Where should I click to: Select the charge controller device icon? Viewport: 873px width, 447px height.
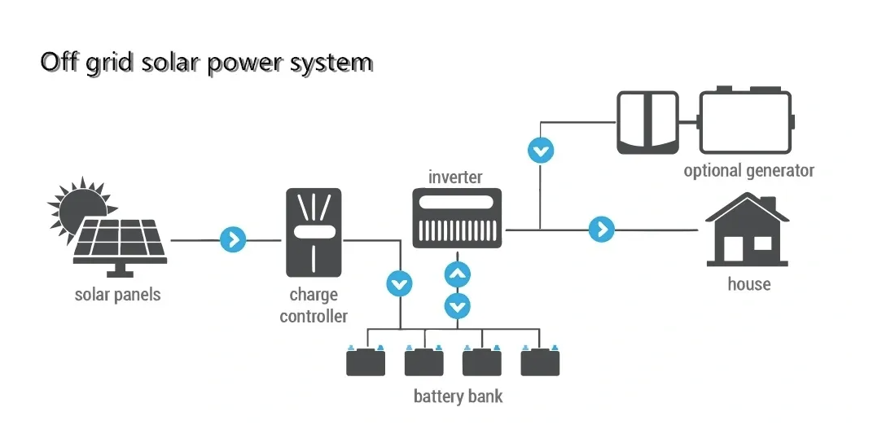[314, 232]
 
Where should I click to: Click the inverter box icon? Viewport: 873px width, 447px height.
[458, 217]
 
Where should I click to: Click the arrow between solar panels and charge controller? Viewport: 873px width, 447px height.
[233, 239]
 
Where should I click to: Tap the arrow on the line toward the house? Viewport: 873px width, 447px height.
[601, 230]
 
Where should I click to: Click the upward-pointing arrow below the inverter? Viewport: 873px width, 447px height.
[458, 274]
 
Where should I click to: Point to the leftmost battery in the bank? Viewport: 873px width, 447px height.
[366, 361]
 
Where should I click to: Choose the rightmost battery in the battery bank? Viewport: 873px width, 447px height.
[540, 361]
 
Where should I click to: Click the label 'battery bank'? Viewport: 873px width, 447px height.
[458, 397]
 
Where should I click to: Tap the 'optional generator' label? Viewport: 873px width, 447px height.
[748, 171]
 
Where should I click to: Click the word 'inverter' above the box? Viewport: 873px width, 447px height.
[455, 177]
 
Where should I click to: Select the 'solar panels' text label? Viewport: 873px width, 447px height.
[117, 294]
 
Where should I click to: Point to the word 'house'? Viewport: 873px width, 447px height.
[748, 284]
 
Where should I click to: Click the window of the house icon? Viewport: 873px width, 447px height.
[762, 243]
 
